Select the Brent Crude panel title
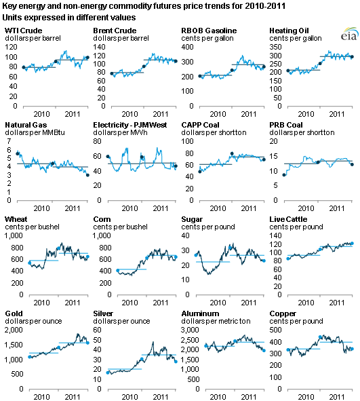coord(113,31)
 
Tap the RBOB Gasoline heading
coord(207,31)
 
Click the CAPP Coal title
coord(200,125)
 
